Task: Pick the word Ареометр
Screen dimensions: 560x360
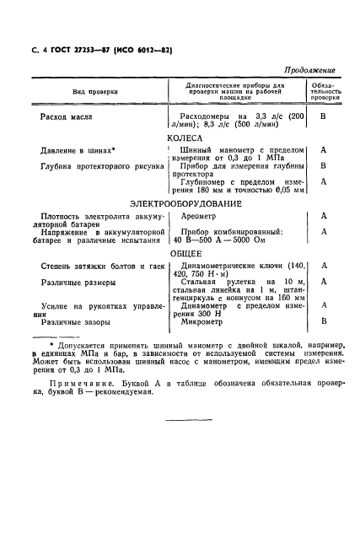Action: pyautogui.click(x=198, y=217)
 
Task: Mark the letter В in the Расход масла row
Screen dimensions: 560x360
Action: pyautogui.click(x=324, y=118)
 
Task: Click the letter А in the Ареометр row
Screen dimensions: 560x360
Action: pyautogui.click(x=324, y=217)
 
